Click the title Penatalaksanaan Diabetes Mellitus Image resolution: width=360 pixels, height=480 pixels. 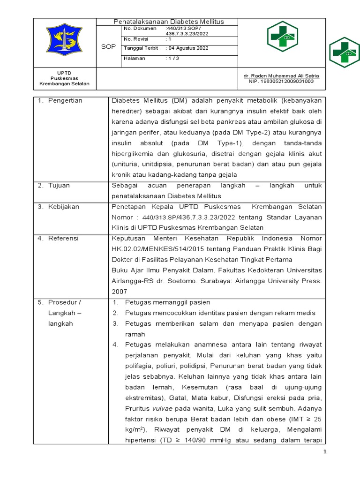pos(169,22)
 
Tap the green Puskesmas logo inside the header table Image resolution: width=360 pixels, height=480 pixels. pos(282,37)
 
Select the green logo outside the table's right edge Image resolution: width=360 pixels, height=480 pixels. pos(345,52)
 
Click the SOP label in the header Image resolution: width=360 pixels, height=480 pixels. pos(108,47)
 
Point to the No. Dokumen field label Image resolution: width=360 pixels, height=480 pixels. pos(140,29)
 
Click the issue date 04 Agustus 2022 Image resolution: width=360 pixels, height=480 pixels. pos(187,48)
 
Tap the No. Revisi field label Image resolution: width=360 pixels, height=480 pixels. pos(136,39)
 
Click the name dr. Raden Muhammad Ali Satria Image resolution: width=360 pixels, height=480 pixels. pos(281,75)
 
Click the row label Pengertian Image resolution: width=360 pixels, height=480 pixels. pos(65,101)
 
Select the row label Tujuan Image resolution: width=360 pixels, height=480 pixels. pos(59,186)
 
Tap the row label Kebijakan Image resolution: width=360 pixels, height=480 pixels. pos(64,207)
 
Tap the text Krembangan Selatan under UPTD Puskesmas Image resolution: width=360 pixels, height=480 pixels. pos(64,84)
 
